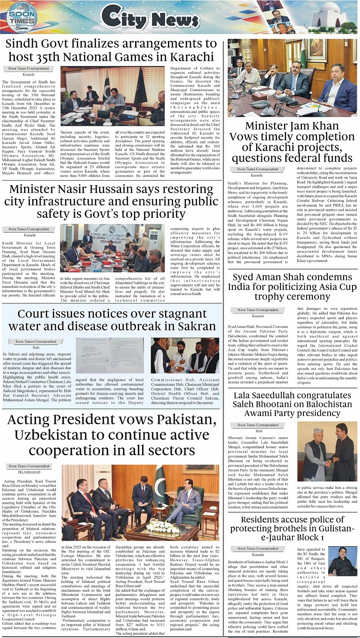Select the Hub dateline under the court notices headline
(x=36, y=347)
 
